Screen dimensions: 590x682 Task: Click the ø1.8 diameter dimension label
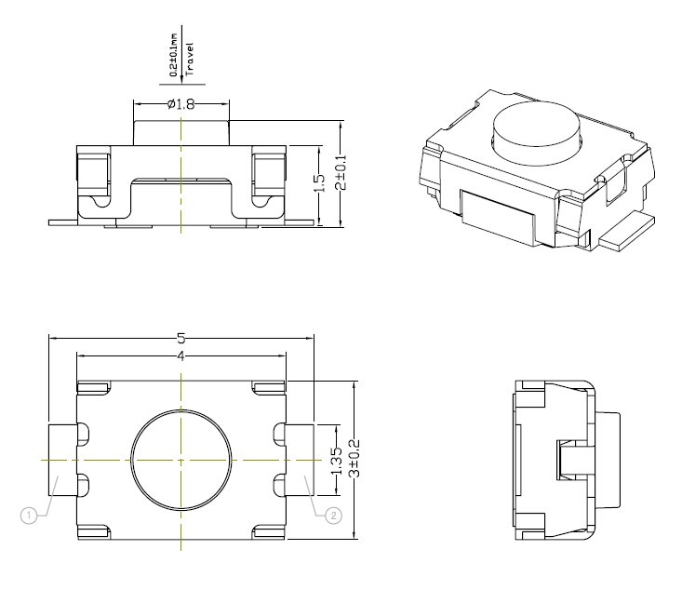tap(181, 105)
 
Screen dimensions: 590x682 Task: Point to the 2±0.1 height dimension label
tap(341, 173)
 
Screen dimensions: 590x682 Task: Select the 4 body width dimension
tap(181, 357)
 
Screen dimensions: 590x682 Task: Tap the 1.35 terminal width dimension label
tap(337, 459)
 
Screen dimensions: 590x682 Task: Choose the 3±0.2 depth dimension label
tap(352, 459)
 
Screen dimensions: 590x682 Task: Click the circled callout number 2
tap(331, 513)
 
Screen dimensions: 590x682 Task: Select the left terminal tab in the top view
tap(62, 460)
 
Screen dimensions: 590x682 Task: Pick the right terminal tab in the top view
tap(300, 460)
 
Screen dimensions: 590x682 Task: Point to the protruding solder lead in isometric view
tap(627, 231)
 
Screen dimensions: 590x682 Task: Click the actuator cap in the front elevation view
tap(181, 131)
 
